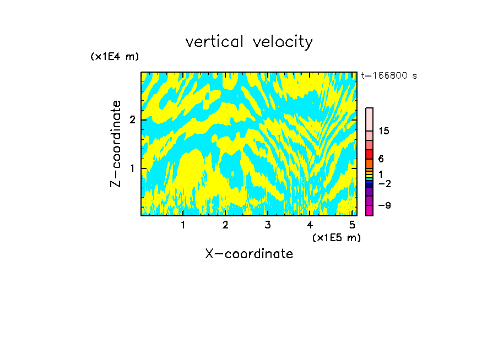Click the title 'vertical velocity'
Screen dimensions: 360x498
[249, 42]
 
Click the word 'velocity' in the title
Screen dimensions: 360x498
[281, 42]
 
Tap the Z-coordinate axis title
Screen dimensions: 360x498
[116, 144]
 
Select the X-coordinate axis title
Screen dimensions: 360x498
[249, 254]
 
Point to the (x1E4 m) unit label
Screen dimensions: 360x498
[115, 57]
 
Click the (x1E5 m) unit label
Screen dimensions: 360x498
[336, 237]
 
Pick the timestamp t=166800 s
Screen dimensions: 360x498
[388, 75]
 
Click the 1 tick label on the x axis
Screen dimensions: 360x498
[183, 225]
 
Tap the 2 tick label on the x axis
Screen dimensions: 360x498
[225, 225]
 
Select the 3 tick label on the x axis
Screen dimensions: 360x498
[267, 225]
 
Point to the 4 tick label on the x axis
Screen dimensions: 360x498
[310, 225]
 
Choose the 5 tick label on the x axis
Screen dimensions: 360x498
[351, 225]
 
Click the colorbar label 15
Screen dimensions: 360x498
[384, 131]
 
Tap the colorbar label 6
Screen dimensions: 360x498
[381, 159]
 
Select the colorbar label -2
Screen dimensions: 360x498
[384, 183]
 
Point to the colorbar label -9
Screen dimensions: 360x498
[384, 205]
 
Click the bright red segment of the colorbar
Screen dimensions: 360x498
[369, 154]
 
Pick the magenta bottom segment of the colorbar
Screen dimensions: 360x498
[369, 210]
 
